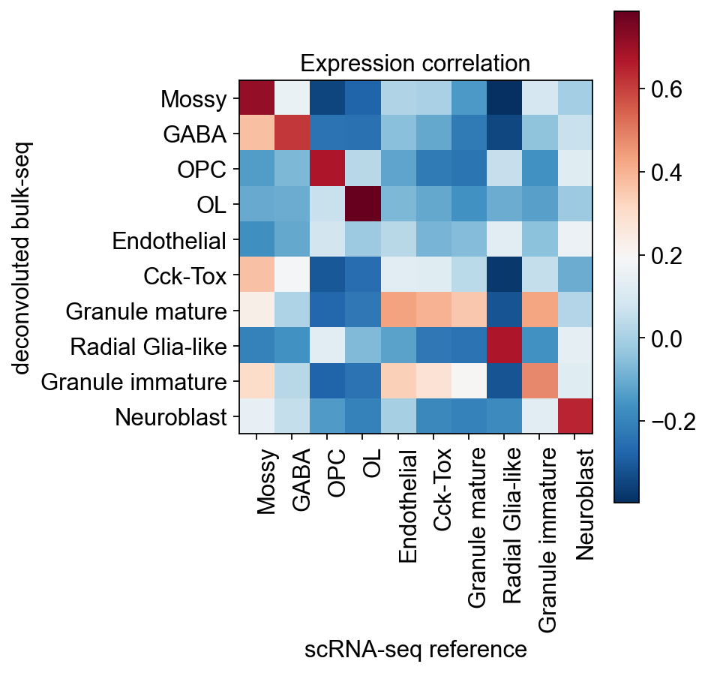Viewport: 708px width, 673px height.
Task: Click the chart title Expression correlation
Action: pos(415,64)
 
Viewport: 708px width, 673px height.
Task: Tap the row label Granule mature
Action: pos(146,311)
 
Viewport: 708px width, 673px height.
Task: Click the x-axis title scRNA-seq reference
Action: pos(415,650)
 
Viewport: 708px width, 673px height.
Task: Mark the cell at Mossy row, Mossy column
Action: pos(256,98)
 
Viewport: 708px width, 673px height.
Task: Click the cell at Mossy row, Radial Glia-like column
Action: pos(504,98)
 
